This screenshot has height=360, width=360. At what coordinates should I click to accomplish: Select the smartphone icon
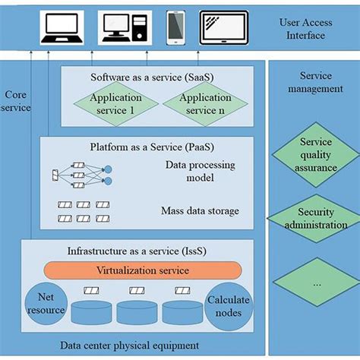(175, 28)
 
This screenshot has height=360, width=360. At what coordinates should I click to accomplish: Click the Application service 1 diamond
(116, 104)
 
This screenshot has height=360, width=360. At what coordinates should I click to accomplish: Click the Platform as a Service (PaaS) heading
(142, 146)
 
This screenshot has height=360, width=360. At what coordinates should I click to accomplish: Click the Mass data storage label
(200, 210)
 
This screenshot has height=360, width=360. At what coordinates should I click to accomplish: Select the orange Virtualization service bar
(142, 270)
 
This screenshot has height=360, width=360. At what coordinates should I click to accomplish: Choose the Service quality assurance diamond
(315, 154)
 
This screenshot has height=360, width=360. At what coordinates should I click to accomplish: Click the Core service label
(17, 101)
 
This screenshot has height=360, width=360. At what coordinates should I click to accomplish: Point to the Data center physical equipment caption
(129, 346)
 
